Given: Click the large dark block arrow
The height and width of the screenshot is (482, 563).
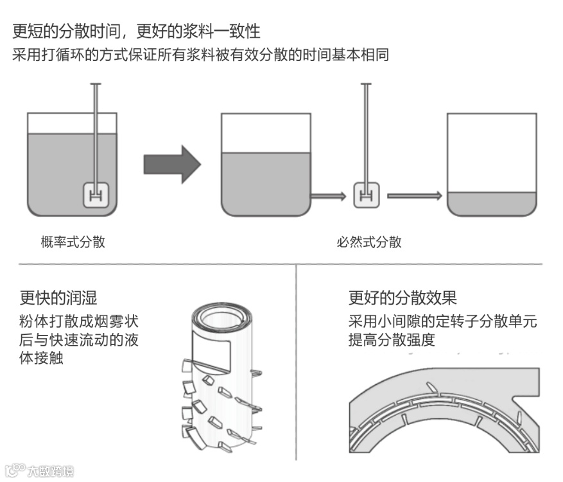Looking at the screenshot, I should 171,164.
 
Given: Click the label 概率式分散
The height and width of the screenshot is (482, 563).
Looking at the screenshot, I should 73,242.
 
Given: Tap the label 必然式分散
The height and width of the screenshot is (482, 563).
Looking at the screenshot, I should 369,242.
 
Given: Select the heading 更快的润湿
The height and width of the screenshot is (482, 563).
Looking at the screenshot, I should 58,298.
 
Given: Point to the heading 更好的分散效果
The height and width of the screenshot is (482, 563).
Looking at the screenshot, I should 403,298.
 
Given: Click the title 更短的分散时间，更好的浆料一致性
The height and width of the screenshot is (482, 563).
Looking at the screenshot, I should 136,31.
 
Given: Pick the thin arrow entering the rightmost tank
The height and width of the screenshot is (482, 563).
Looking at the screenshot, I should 415,194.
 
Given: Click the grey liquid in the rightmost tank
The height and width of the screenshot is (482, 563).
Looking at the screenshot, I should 491,204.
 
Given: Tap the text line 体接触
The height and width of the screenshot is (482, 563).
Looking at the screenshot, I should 42,358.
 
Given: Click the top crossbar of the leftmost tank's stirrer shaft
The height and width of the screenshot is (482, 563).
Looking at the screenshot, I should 96,84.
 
